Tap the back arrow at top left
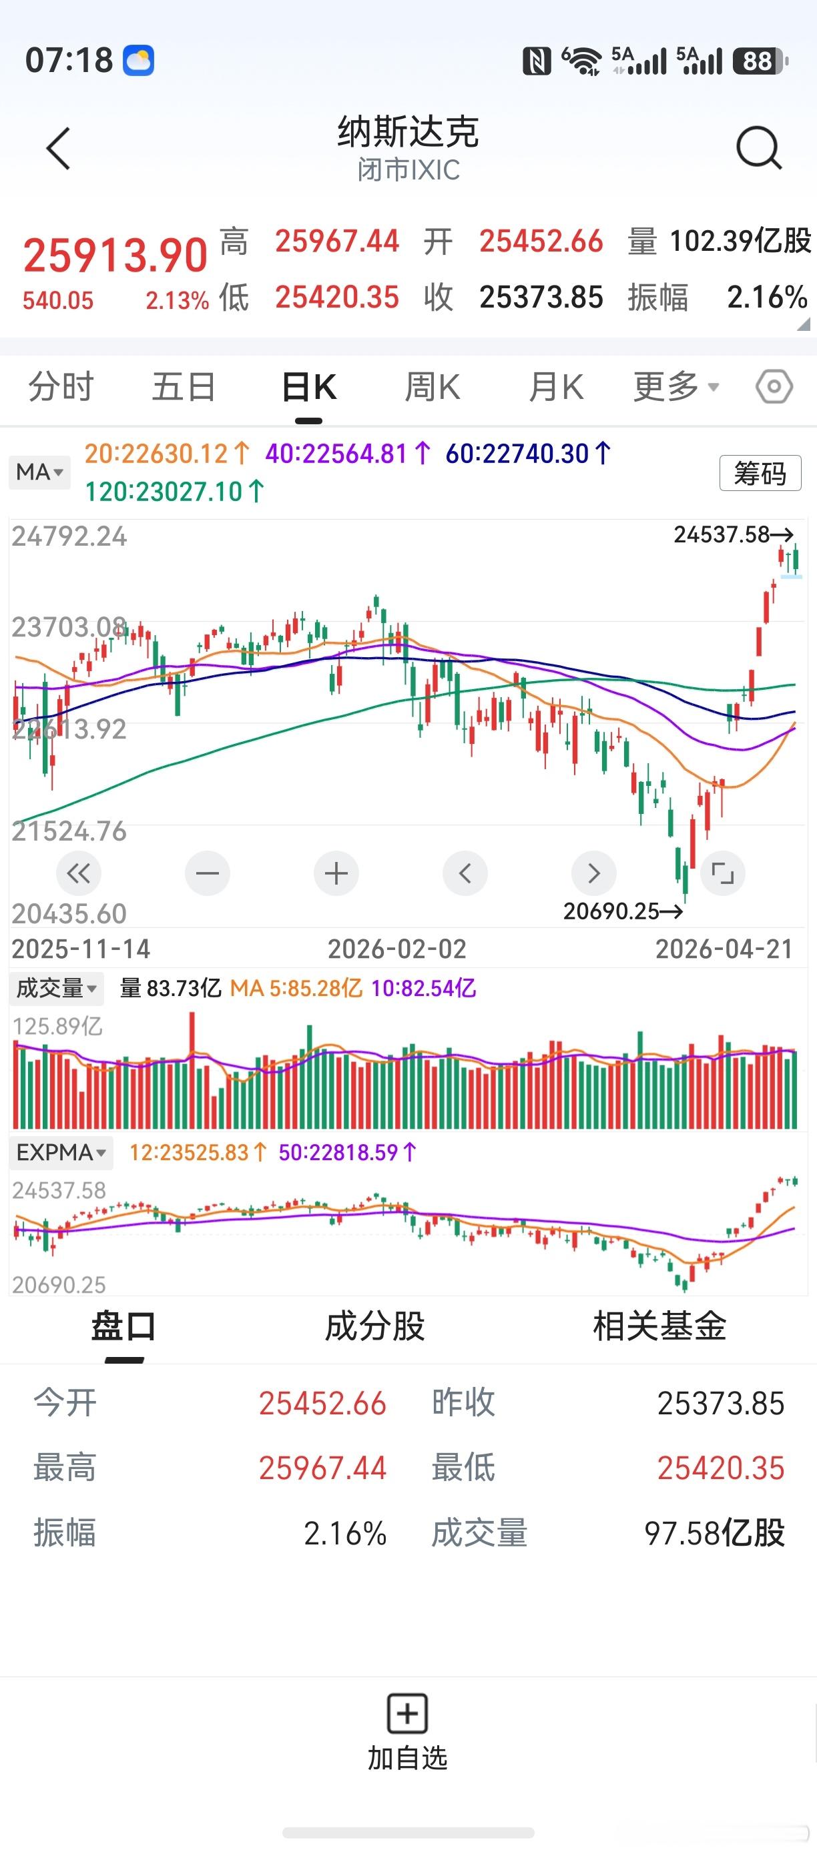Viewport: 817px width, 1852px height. point(58,149)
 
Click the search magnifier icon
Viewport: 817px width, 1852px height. point(759,147)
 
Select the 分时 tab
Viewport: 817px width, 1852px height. point(61,387)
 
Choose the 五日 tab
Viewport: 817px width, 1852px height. point(184,387)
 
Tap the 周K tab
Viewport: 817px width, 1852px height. point(433,387)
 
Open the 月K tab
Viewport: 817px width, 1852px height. point(556,387)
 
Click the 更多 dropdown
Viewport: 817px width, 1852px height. point(676,387)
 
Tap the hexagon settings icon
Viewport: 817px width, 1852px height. point(774,387)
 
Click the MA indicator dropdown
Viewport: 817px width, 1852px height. point(39,472)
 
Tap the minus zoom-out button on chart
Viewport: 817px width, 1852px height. point(207,873)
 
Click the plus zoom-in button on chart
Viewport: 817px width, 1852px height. point(336,873)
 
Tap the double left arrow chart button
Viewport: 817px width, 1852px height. point(78,873)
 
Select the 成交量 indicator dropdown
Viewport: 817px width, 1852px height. point(56,988)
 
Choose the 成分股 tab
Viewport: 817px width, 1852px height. point(374,1326)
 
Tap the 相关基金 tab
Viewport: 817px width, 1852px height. point(659,1326)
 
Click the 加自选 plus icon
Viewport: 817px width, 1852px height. point(408,1713)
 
